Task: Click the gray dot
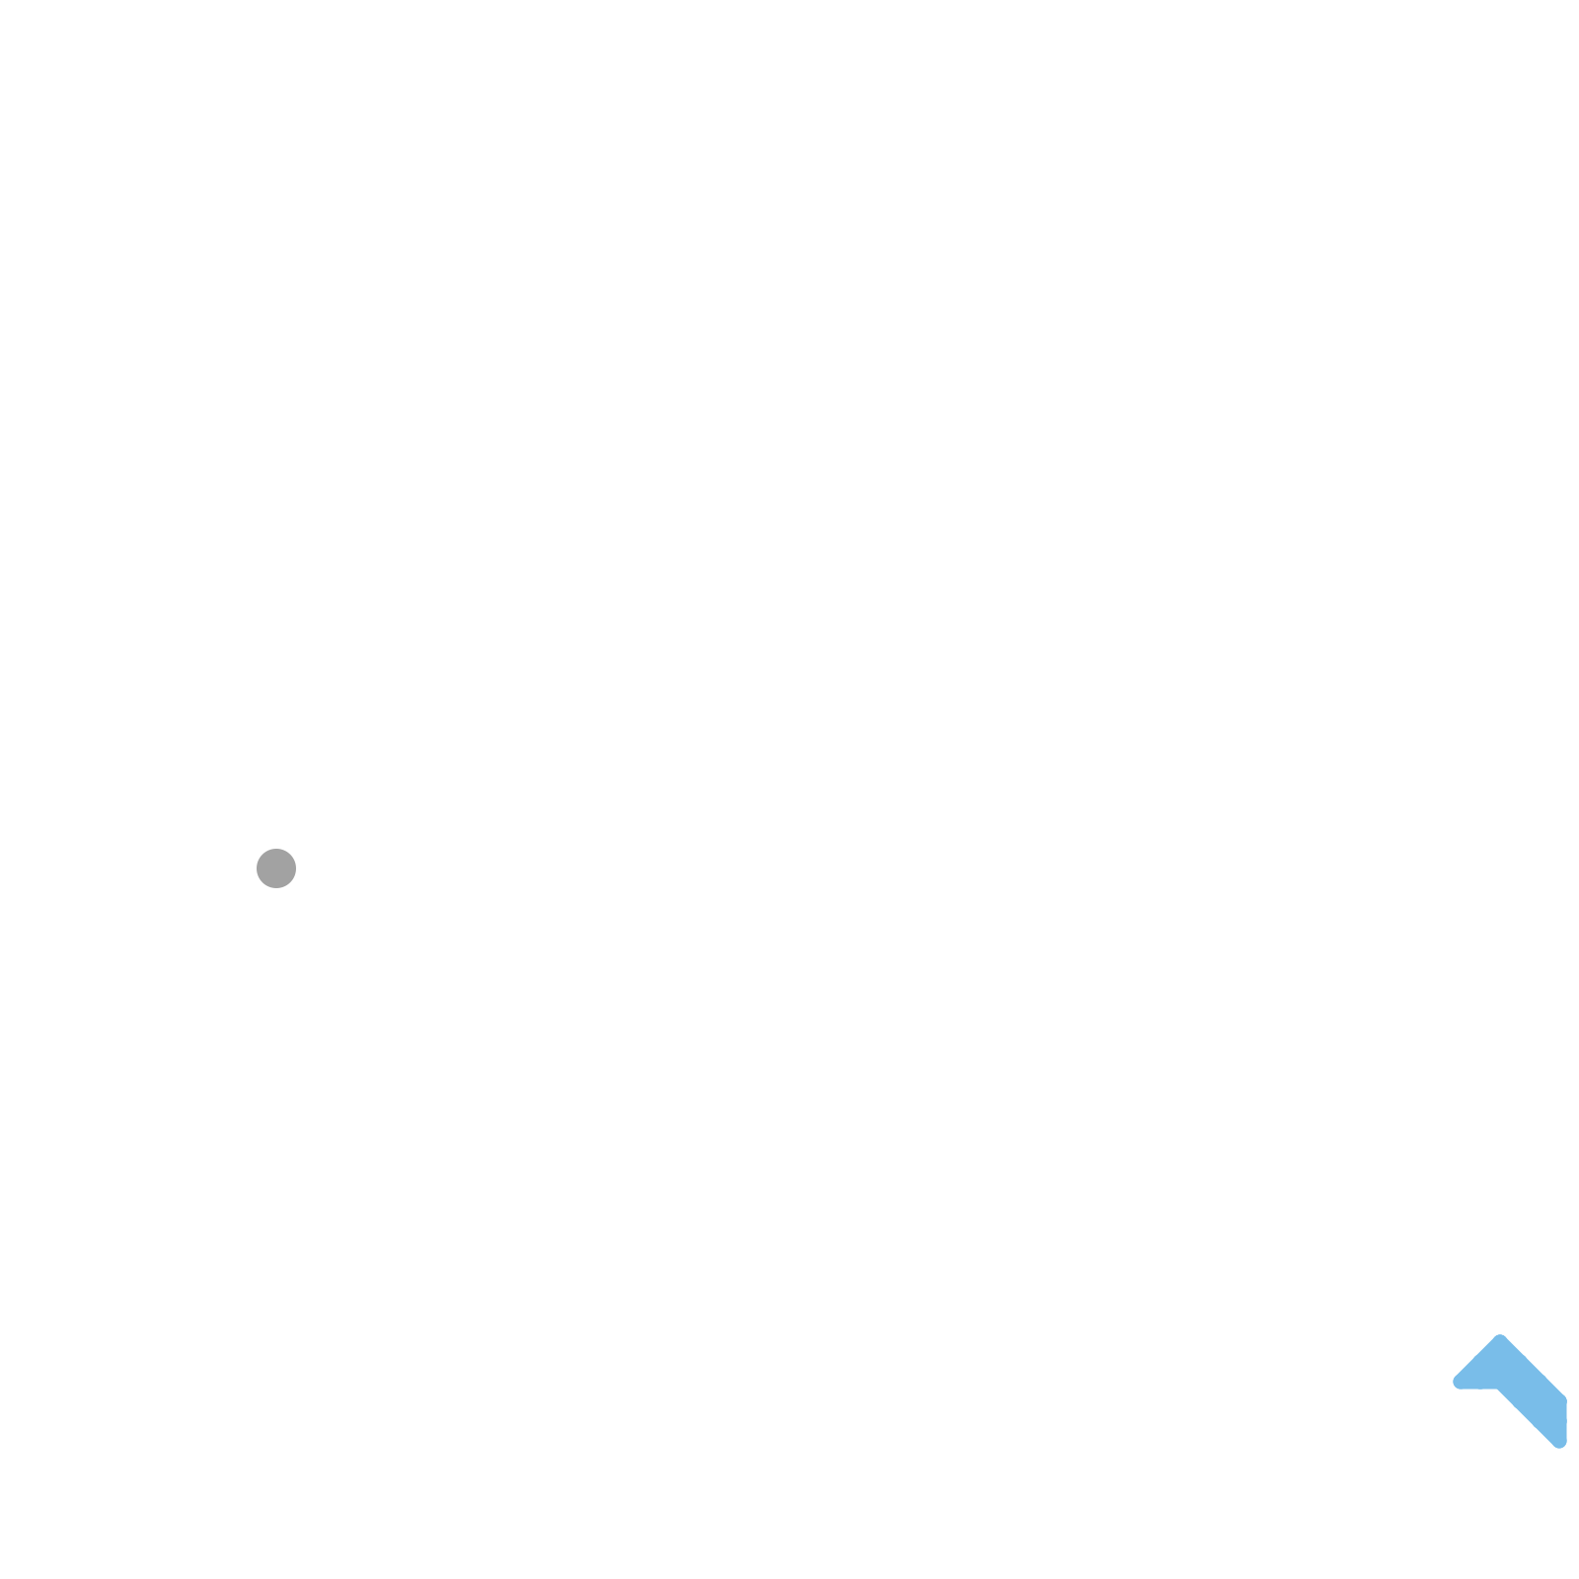point(276,868)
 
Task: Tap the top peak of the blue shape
point(1500,1336)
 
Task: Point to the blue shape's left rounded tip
point(1457,1383)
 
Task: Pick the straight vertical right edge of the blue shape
point(1566,1421)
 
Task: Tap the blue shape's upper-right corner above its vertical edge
point(1566,1398)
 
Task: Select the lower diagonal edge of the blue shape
point(1527,1417)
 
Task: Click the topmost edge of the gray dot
point(276,849)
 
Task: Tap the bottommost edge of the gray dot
point(276,888)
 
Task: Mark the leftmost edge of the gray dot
point(257,868)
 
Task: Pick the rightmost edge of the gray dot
point(296,868)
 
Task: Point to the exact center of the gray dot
point(276,868)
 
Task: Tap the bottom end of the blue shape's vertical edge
point(1566,1441)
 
